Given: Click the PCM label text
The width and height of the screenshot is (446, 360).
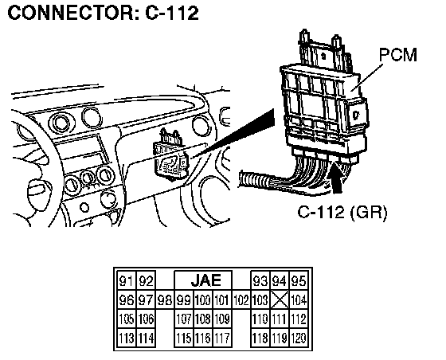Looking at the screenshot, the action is tap(398, 55).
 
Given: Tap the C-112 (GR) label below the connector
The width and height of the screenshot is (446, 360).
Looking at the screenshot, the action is tap(342, 212).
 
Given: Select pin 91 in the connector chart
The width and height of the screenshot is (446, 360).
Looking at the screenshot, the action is tap(127, 281).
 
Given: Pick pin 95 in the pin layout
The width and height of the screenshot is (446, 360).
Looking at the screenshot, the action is tap(299, 281).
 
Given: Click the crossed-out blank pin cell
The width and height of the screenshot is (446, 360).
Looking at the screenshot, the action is tap(280, 299).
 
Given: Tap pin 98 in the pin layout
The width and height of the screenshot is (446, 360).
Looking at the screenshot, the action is tap(165, 300).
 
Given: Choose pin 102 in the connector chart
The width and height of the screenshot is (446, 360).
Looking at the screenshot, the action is tap(241, 300).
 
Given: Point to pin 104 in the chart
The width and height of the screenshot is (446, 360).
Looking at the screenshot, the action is tap(299, 300).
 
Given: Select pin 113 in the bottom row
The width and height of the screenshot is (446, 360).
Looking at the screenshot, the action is tap(127, 338).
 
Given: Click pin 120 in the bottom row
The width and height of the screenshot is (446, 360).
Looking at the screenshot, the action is tap(299, 338).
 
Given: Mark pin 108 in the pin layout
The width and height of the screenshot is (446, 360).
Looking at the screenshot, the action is tap(203, 319).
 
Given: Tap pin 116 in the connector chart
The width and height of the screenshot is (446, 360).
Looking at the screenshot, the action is tap(203, 338).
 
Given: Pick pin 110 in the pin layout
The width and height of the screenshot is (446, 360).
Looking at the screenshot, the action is tap(260, 319).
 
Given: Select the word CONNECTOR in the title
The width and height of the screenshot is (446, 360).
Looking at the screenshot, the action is tap(70, 13).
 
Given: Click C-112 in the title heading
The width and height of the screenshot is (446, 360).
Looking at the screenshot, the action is tap(172, 13).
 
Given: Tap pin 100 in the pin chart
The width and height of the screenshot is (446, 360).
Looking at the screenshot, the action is tap(203, 300).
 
